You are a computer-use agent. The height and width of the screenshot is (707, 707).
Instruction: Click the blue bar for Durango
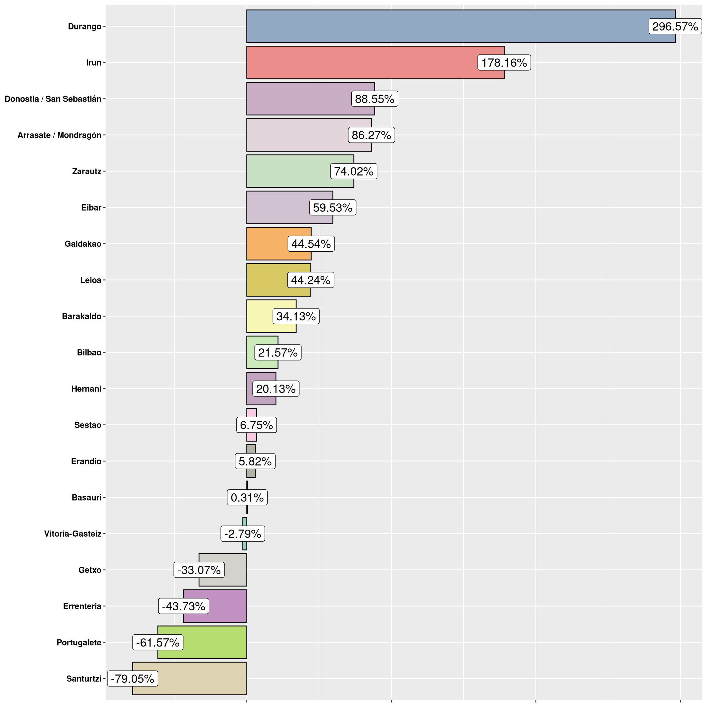click(x=439, y=26)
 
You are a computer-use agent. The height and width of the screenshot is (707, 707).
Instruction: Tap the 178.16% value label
click(x=504, y=63)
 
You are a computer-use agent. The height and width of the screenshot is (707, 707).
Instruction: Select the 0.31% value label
click(x=247, y=497)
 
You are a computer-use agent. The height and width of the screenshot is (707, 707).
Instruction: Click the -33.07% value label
click(x=199, y=570)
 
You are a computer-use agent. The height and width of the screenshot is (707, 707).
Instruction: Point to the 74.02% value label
click(x=353, y=171)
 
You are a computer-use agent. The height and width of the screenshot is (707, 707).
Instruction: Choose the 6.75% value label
click(x=256, y=425)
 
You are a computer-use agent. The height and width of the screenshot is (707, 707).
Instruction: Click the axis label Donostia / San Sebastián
click(x=53, y=99)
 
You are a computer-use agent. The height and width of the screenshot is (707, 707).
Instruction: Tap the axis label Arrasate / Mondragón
click(x=59, y=135)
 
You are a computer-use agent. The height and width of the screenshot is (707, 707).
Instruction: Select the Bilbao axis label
click(x=89, y=352)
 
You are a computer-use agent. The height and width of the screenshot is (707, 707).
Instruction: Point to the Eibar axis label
click(x=91, y=207)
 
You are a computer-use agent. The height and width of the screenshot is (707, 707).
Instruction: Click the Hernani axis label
click(x=86, y=388)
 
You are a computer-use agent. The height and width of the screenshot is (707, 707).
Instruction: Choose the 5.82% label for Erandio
click(x=255, y=461)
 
